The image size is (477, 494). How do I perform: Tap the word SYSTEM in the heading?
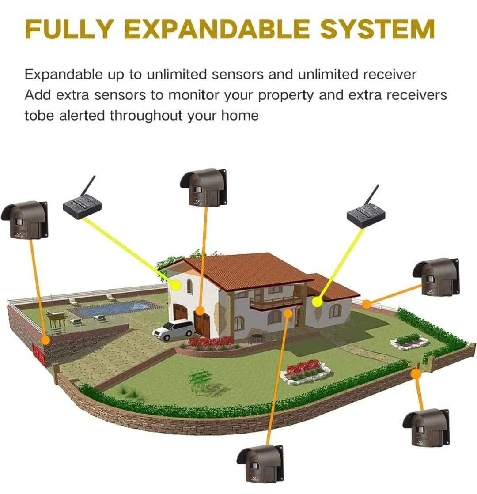pyautogui.click(x=378, y=29)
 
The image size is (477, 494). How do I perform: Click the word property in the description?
pyautogui.click(x=286, y=96)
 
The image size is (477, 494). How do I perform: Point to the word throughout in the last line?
pyautogui.click(x=146, y=116)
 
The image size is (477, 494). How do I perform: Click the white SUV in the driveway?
pyautogui.click(x=174, y=330)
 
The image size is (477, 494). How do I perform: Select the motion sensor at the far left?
pyautogui.click(x=25, y=219)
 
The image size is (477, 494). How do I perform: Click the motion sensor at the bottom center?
pyautogui.click(x=260, y=464)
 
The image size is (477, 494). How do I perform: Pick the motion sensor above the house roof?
pyautogui.click(x=204, y=187)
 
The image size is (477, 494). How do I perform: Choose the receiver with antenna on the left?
pyautogui.click(x=83, y=201)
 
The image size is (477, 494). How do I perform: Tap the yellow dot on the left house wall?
pyautogui.click(x=176, y=285)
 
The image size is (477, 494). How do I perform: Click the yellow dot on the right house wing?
pyautogui.click(x=318, y=302)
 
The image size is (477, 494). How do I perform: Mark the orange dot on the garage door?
pyautogui.click(x=200, y=311)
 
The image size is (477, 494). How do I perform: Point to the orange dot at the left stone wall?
pyautogui.click(x=46, y=340)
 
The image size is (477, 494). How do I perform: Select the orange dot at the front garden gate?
pyautogui.click(x=416, y=373)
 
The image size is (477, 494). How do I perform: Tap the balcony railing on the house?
pyautogui.click(x=276, y=302)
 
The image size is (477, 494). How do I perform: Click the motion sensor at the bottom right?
pyautogui.click(x=426, y=427)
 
